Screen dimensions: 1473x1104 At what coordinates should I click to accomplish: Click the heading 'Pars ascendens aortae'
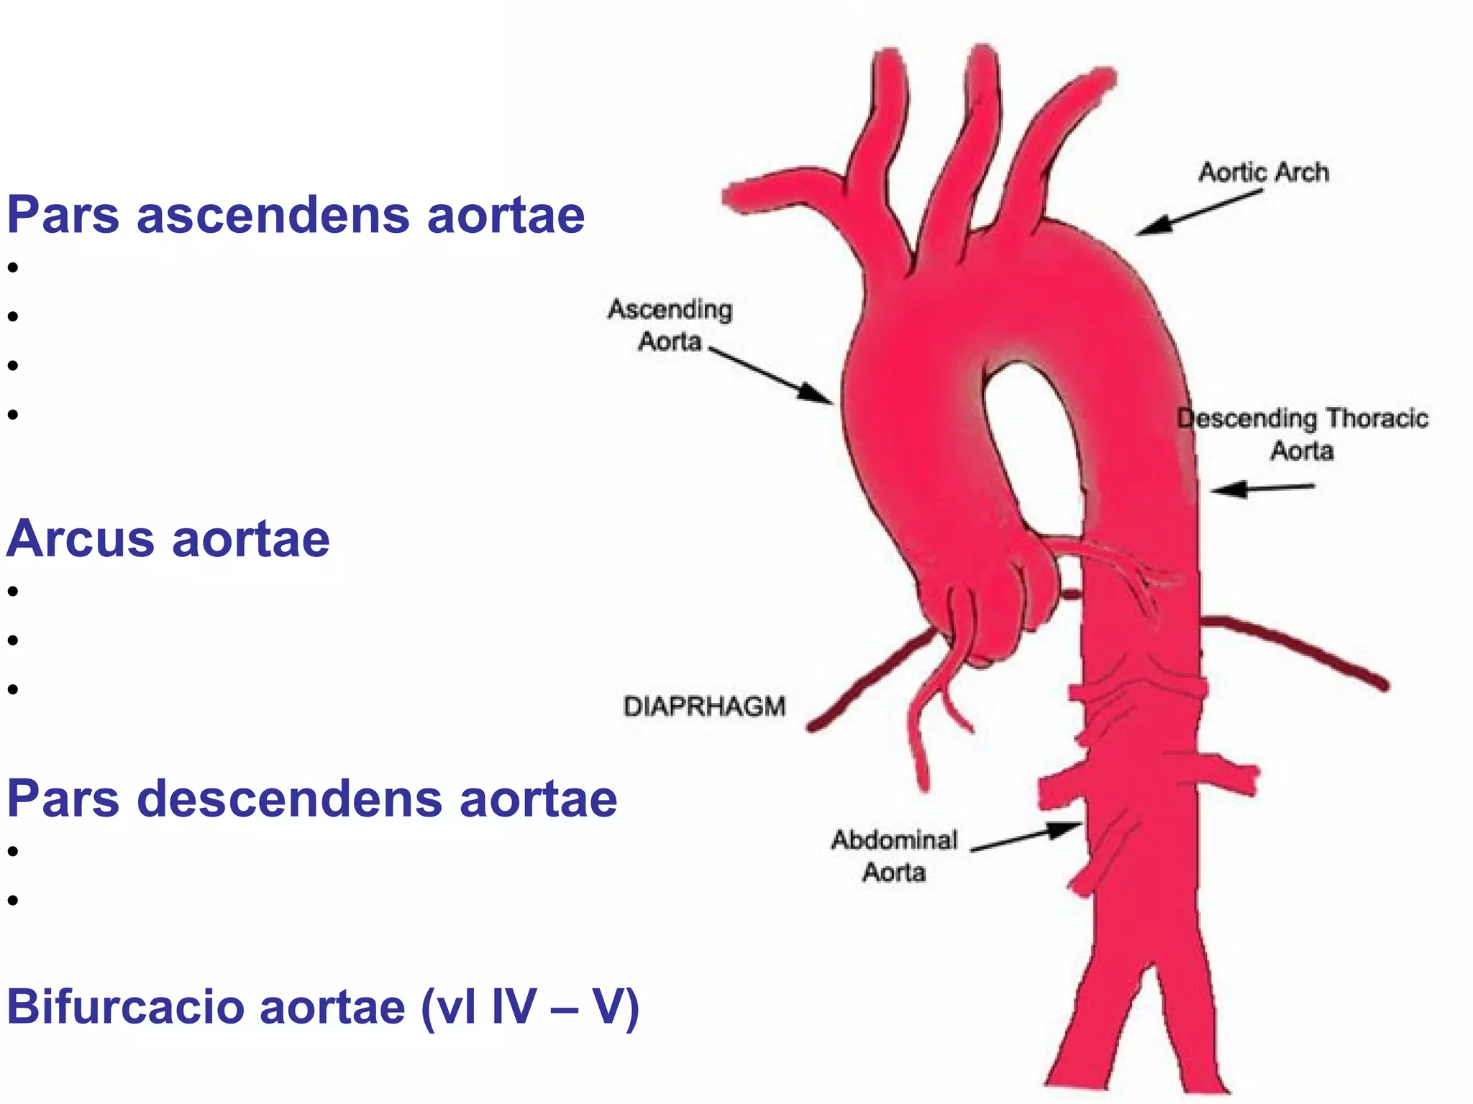pyautogui.click(x=296, y=216)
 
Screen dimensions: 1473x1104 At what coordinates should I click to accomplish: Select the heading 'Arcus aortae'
pyautogui.click(x=168, y=539)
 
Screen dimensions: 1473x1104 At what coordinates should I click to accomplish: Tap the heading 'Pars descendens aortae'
pyautogui.click(x=311, y=799)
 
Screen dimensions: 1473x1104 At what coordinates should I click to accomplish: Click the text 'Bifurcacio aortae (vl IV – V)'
pyautogui.click(x=323, y=1008)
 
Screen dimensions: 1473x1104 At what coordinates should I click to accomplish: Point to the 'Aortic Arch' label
pyautogui.click(x=1264, y=172)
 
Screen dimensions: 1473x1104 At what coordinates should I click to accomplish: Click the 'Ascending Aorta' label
pyautogui.click(x=670, y=325)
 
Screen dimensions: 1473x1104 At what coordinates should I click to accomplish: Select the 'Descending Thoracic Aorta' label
pyautogui.click(x=1303, y=434)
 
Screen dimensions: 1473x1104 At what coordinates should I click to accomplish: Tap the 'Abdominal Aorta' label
pyautogui.click(x=894, y=856)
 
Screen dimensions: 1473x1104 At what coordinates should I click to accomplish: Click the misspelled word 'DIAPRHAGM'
pyautogui.click(x=704, y=707)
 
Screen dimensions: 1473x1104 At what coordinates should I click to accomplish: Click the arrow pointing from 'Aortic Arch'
pyautogui.click(x=1199, y=212)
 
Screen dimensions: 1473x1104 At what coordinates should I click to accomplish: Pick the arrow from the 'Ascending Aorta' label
pyautogui.click(x=770, y=375)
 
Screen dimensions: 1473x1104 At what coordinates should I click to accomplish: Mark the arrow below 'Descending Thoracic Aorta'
pyautogui.click(x=1263, y=489)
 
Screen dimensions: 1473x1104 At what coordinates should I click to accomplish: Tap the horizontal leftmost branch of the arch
pyautogui.click(x=784, y=192)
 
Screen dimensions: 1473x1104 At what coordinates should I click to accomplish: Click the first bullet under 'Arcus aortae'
pyautogui.click(x=12, y=592)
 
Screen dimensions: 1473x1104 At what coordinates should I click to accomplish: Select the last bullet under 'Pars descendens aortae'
pyautogui.click(x=12, y=901)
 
